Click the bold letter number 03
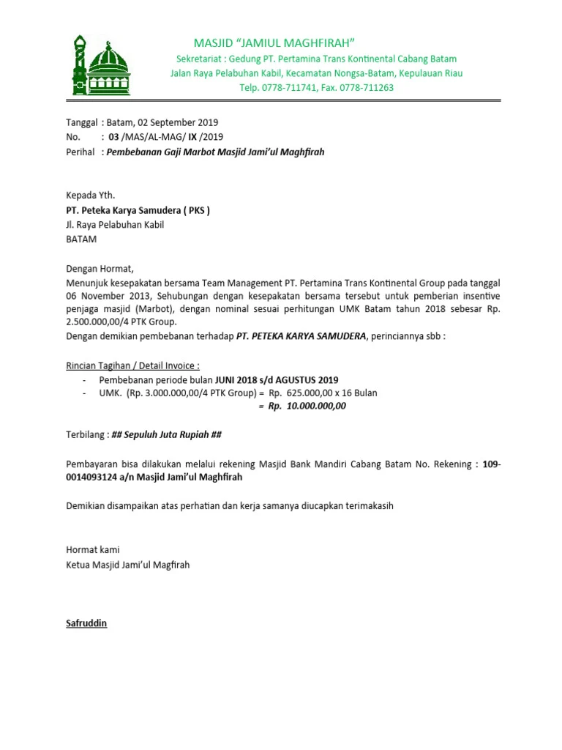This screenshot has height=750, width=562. (x=113, y=137)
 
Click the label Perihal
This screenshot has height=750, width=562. (x=80, y=152)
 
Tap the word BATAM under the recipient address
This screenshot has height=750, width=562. (x=80, y=240)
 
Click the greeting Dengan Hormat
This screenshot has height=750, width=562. (x=101, y=269)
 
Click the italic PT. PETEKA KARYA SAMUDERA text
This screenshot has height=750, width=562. (x=300, y=336)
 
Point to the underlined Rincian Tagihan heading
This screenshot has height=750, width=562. (x=132, y=365)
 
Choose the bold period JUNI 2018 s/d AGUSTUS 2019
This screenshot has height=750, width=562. (x=276, y=380)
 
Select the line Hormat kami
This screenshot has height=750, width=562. (x=92, y=549)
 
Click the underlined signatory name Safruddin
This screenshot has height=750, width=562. (x=86, y=623)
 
